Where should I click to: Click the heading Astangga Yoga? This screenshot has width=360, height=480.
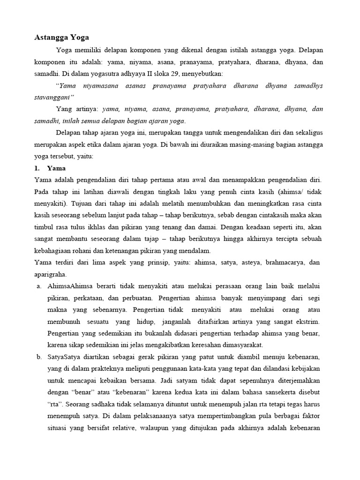click(61, 37)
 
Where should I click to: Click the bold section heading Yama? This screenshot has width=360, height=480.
click(57, 168)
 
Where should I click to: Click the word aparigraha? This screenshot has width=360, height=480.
click(51, 275)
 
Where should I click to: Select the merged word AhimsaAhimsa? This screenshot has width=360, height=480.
click(68, 286)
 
